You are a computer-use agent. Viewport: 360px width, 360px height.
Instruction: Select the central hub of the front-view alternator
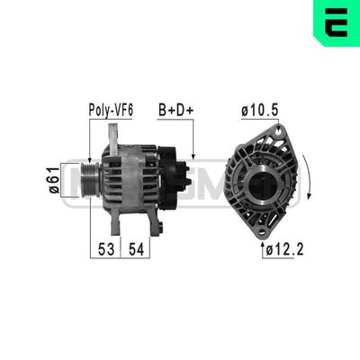coord(262,184)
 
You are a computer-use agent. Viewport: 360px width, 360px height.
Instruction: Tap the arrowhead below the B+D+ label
coord(193,154)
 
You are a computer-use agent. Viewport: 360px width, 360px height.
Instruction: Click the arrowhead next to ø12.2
coord(263,243)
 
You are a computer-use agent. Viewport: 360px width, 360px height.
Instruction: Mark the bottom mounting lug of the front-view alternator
coord(262,226)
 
